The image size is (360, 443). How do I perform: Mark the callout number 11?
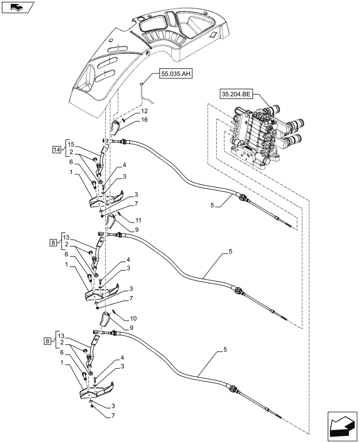138,220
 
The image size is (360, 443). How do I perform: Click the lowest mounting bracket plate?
98,390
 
